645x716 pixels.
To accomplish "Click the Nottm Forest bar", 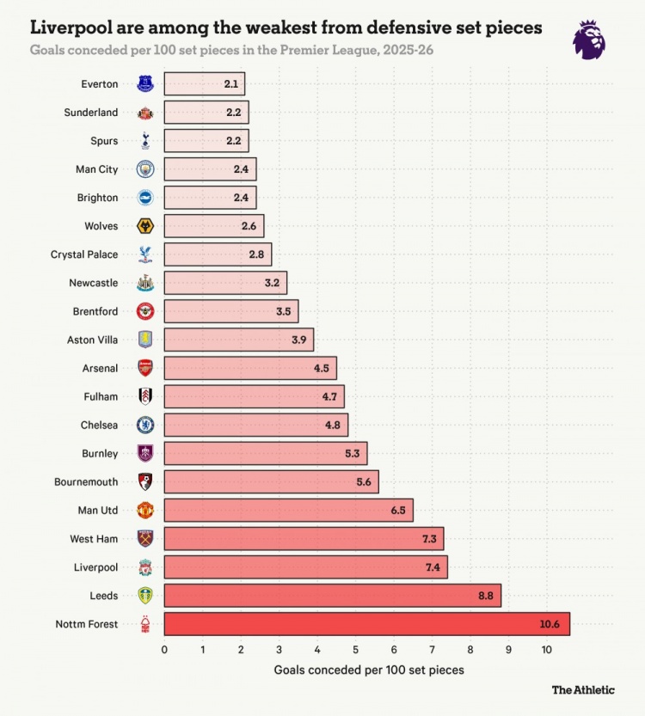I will click(366, 624).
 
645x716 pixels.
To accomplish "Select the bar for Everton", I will click(204, 84).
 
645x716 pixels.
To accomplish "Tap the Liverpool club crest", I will click(145, 567).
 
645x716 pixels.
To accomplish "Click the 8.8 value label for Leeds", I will click(485, 596).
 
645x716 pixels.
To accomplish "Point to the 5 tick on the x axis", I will click(355, 650).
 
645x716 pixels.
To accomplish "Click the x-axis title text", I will click(369, 670).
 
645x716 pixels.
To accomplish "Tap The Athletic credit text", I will click(583, 689).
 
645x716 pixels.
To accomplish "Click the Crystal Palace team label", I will click(84, 254).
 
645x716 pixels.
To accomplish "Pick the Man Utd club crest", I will click(145, 511).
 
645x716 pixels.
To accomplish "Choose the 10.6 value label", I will click(550, 624).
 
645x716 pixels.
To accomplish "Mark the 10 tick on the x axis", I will click(547, 650).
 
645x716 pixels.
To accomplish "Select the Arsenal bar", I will click(250, 368).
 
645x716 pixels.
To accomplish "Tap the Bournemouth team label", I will click(86, 482).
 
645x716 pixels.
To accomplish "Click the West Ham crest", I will click(145, 539).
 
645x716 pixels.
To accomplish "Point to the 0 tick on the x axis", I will click(164, 650).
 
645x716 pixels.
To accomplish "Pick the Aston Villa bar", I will click(238, 340).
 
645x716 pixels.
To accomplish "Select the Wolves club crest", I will click(145, 226).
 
